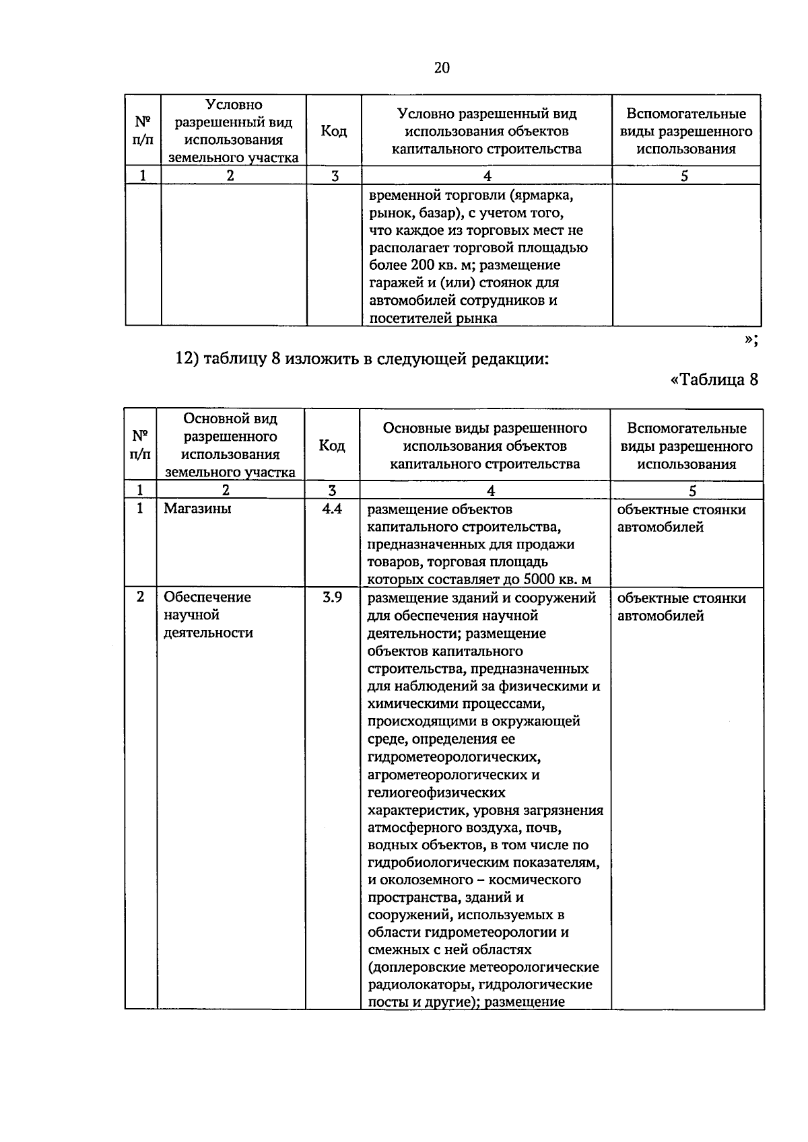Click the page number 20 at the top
pos(442,67)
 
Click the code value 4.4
pos(332,509)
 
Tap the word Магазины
pos(197,509)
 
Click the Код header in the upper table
pos(333,131)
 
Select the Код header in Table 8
pos(331,445)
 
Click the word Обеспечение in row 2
pos(207,598)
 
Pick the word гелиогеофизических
pos(436,793)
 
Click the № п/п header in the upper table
pos(143,131)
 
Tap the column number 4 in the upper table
pos(487,176)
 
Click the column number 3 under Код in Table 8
pos(331,491)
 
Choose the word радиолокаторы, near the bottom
pos(414,985)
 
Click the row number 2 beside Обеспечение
pos(140,597)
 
